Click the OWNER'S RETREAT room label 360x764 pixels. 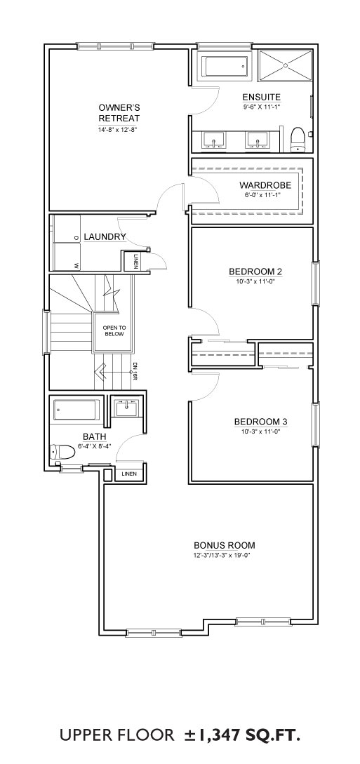(119, 112)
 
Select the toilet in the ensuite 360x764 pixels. (297, 140)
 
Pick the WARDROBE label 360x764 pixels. (265, 186)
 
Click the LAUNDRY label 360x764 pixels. (105, 237)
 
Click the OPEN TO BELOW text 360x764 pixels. (114, 331)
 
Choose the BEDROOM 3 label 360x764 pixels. (258, 422)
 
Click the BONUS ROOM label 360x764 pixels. (224, 545)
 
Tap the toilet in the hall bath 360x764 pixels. (61, 453)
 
